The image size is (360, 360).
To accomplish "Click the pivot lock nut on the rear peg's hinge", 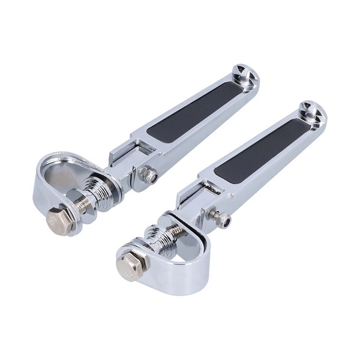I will [148, 176].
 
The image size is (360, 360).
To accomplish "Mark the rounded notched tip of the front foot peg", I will [311, 112].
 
